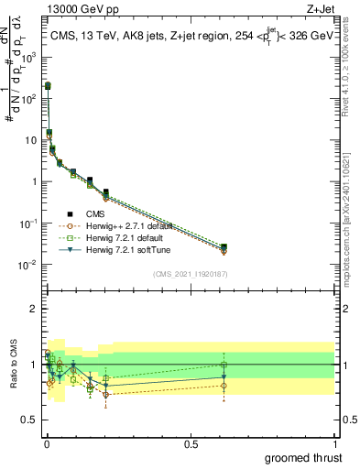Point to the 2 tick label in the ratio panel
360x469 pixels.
pyautogui.click(x=36, y=309)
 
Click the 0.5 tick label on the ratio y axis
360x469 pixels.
pyautogui.click(x=31, y=420)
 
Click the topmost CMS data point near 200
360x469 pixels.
pyautogui.click(x=48, y=85)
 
